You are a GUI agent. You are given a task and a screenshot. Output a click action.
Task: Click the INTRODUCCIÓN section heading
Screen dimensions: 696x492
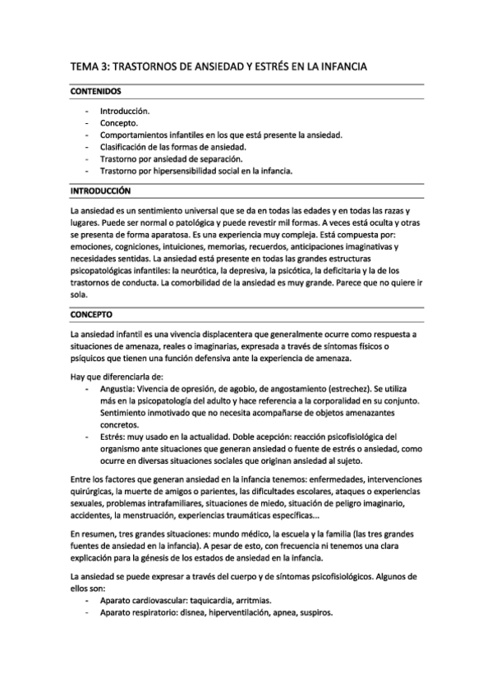pos(101,190)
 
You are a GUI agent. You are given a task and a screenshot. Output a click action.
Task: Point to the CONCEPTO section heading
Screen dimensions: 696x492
pos(92,314)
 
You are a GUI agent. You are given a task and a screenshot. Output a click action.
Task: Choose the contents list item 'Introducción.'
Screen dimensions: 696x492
pos(125,110)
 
